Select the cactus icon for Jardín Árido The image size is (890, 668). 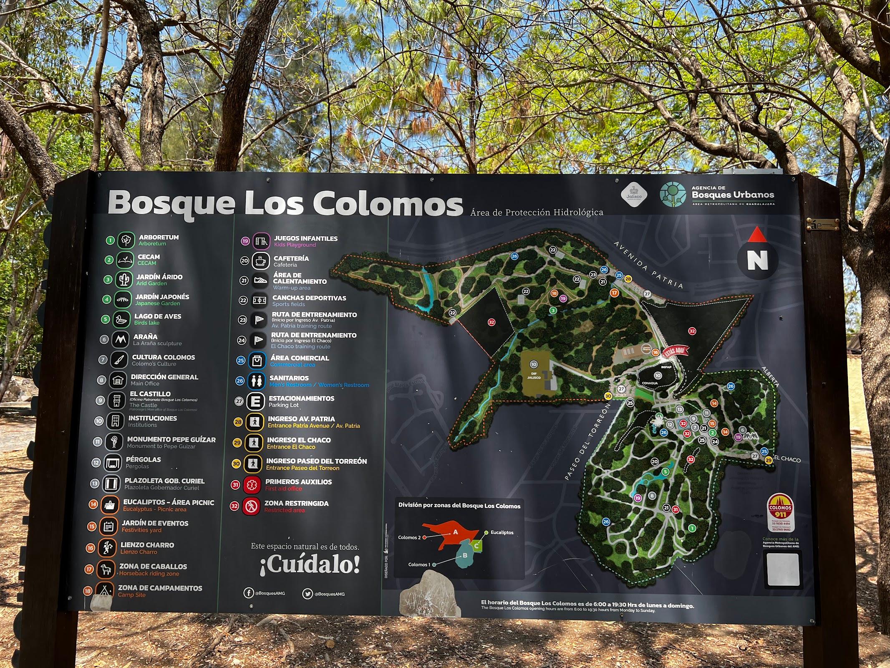click(x=124, y=280)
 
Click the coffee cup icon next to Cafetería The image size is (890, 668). click(x=261, y=261)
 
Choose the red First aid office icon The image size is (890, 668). click(x=252, y=485)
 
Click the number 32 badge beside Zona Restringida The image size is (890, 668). click(x=234, y=506)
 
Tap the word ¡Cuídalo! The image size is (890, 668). click(x=309, y=565)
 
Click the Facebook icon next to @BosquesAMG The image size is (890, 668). click(x=248, y=593)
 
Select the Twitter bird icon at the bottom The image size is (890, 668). click(x=307, y=593)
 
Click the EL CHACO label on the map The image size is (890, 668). click(x=787, y=459)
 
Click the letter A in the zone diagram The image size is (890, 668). click(x=456, y=532)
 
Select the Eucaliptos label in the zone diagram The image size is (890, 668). click(x=502, y=532)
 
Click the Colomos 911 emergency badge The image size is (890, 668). click(x=780, y=511)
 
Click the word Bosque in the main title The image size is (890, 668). click(x=171, y=204)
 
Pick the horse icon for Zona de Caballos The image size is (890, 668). click(x=106, y=569)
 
